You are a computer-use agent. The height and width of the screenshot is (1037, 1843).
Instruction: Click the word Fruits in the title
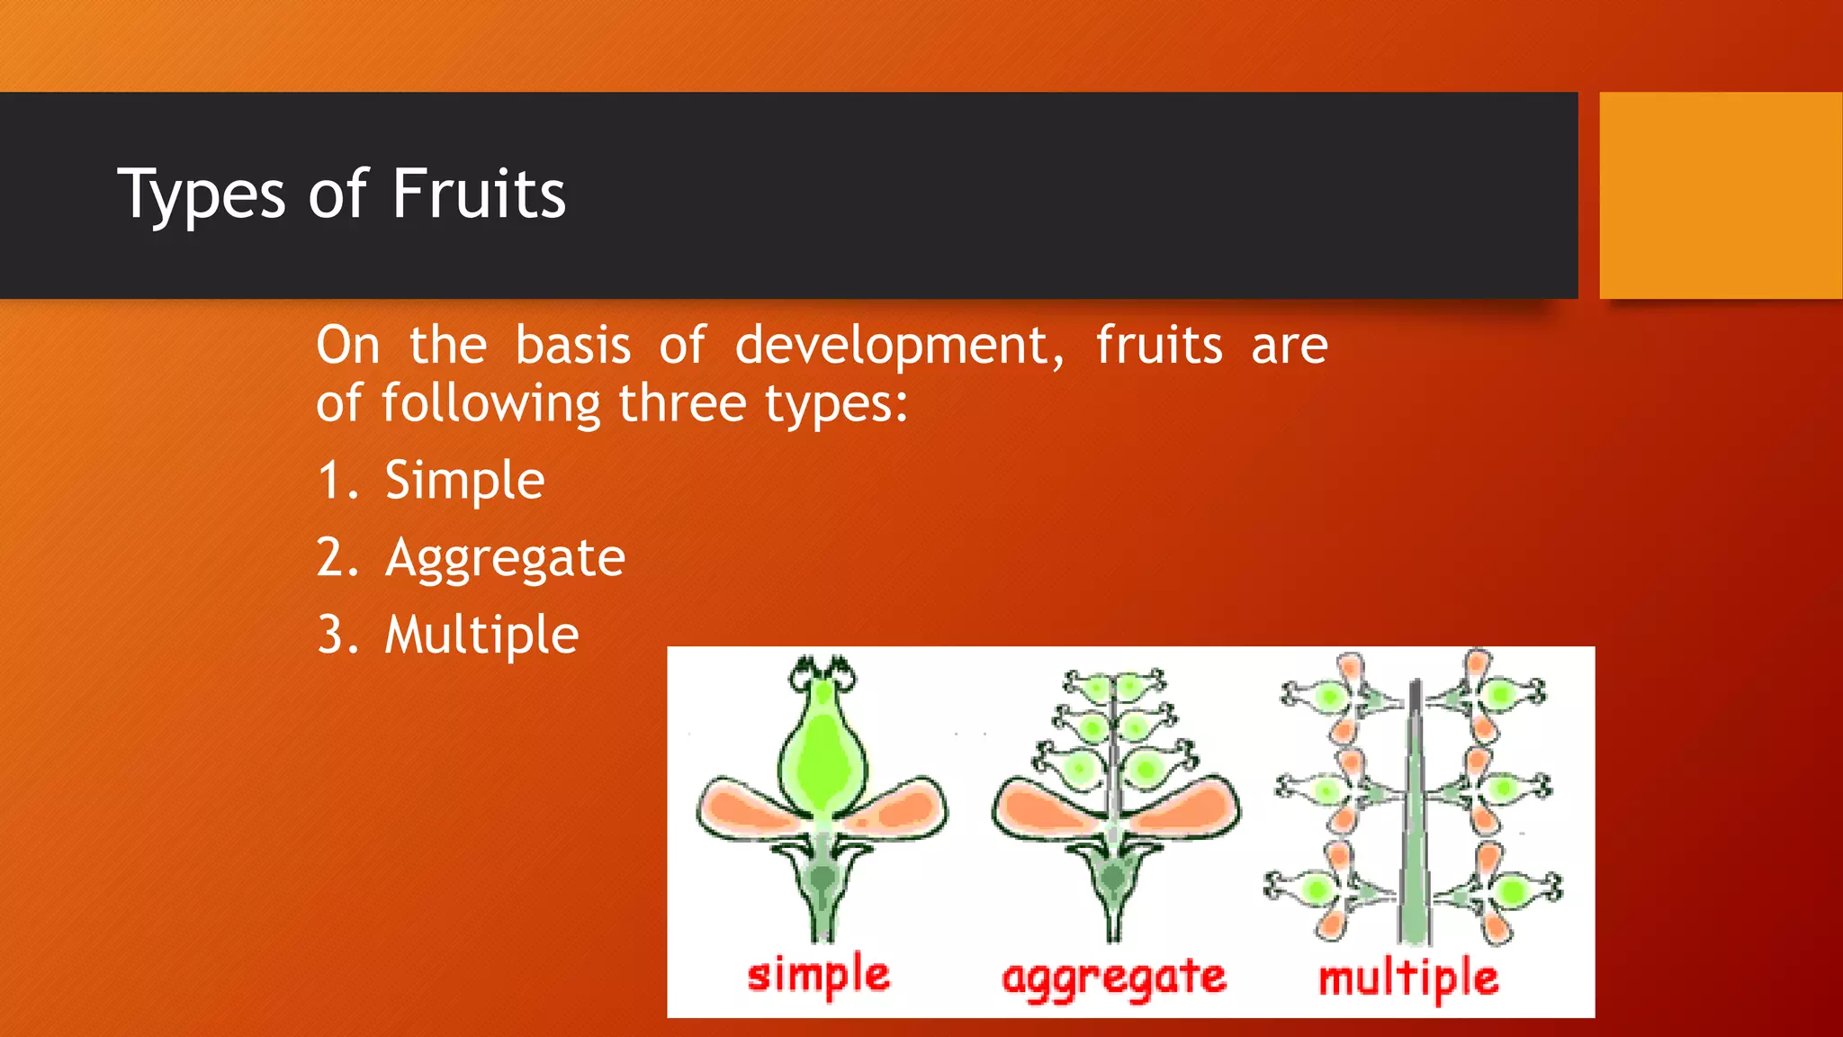(x=478, y=194)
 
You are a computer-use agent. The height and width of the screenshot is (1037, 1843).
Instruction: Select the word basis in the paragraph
(x=572, y=346)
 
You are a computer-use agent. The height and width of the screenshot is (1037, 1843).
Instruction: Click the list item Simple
(x=464, y=481)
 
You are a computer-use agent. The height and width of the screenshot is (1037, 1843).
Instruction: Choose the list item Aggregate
(x=505, y=558)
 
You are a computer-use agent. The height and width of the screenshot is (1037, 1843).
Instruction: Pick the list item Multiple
(x=481, y=636)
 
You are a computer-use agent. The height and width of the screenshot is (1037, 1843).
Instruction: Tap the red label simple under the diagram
(x=818, y=975)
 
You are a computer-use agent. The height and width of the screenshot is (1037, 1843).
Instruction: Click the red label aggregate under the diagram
(x=1113, y=978)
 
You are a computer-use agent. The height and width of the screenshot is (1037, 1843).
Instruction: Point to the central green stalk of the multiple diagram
(x=1415, y=828)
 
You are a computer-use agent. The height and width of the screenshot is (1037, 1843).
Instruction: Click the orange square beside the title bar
(x=1721, y=195)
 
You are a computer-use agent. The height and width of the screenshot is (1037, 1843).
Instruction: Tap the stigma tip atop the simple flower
(x=821, y=671)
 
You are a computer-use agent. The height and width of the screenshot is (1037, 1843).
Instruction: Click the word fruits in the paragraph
(x=1159, y=346)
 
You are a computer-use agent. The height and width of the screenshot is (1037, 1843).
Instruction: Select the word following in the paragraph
(x=490, y=403)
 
